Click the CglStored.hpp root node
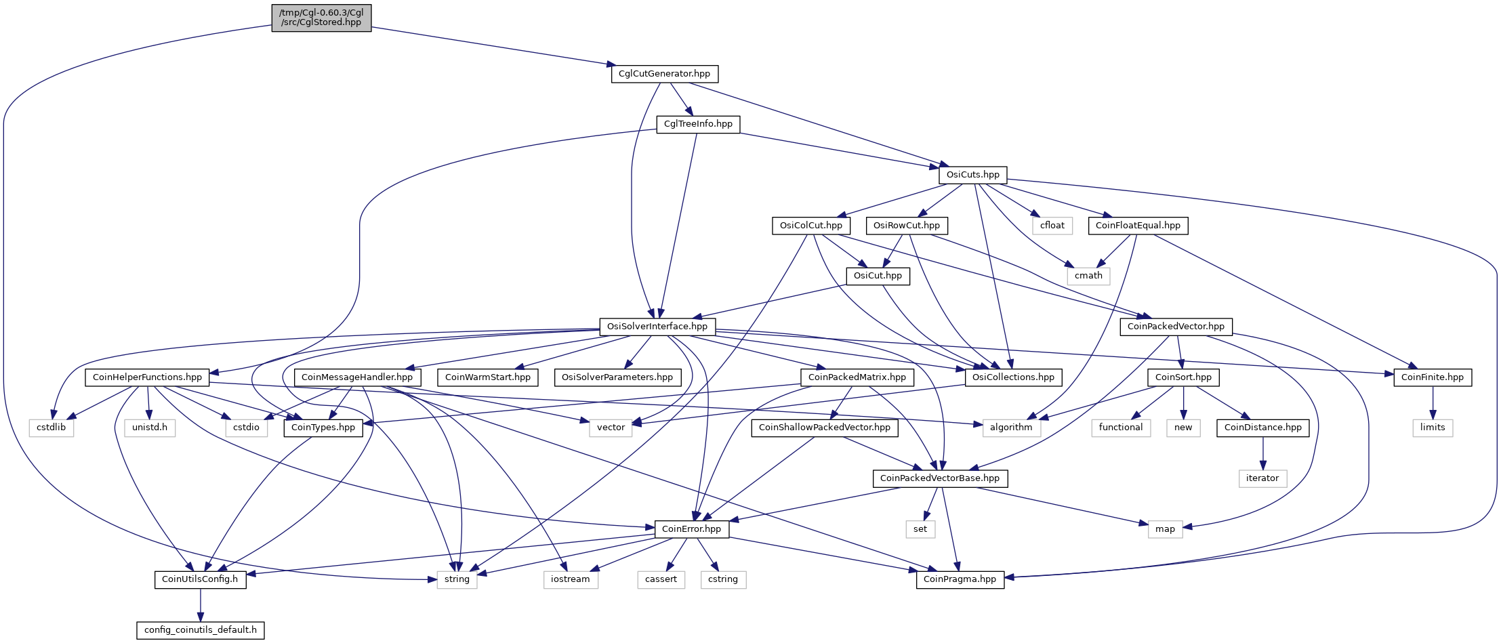(x=321, y=18)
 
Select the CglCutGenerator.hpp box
(x=664, y=74)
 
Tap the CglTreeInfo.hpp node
(x=698, y=124)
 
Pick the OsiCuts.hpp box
(x=972, y=175)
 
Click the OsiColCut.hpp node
(x=811, y=226)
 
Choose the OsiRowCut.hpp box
(x=907, y=226)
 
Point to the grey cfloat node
(x=1052, y=226)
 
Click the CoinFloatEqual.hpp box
(x=1138, y=226)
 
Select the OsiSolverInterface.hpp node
(x=657, y=327)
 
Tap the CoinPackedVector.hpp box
(x=1176, y=327)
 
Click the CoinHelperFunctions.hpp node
(x=147, y=377)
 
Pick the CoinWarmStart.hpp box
(x=488, y=377)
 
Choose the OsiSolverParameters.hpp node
(x=617, y=377)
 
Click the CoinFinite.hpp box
(x=1433, y=377)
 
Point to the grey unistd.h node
(x=150, y=428)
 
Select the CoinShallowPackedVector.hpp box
(x=825, y=428)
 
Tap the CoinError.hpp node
(x=691, y=529)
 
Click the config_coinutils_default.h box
(x=201, y=630)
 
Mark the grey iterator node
(x=1262, y=478)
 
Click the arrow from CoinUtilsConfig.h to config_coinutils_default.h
(x=201, y=605)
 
